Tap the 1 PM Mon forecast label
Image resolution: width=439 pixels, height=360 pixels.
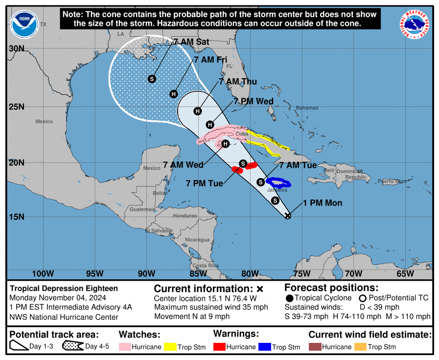coord(323,203)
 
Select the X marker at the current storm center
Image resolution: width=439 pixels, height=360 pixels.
coord(288,216)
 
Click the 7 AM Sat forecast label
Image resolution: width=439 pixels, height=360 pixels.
coord(191,42)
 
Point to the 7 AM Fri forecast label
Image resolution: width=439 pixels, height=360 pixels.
coord(211,60)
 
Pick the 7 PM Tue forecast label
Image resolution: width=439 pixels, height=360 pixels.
coord(205,183)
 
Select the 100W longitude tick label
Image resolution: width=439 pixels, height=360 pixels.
coord(43,273)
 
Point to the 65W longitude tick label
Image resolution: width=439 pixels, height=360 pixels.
coord(406,273)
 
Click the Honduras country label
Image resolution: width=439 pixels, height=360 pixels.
coord(185,216)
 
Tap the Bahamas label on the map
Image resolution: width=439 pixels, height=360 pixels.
coord(307,108)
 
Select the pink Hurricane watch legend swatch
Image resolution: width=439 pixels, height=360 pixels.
coord(126,347)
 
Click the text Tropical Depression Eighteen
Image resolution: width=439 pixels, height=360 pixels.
coord(64,289)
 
